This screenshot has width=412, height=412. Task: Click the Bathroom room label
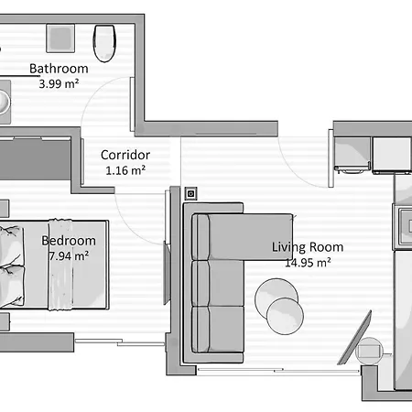point(59,69)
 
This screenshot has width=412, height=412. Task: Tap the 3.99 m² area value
point(59,83)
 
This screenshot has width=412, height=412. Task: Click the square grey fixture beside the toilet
point(60,38)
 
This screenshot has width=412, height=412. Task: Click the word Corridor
point(125,155)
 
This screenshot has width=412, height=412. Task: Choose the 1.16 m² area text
point(125,169)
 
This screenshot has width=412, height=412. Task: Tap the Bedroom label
point(69,242)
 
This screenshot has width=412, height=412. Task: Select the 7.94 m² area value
point(69,256)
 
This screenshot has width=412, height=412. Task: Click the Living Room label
point(308,247)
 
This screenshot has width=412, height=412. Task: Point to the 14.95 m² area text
point(308,262)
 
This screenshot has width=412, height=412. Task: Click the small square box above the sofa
point(190,193)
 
